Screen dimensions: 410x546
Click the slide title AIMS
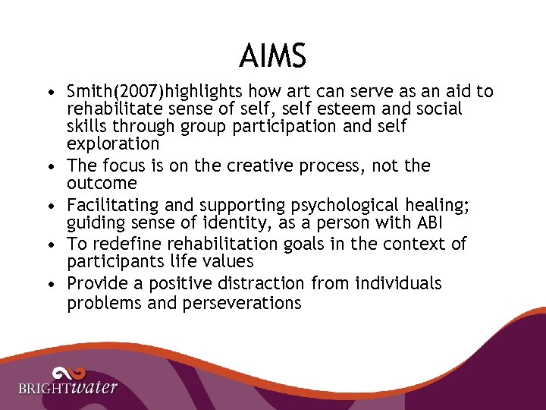272,55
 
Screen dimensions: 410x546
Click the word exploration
113,143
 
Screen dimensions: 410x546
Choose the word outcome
102,184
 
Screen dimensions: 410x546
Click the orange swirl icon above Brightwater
67,373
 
